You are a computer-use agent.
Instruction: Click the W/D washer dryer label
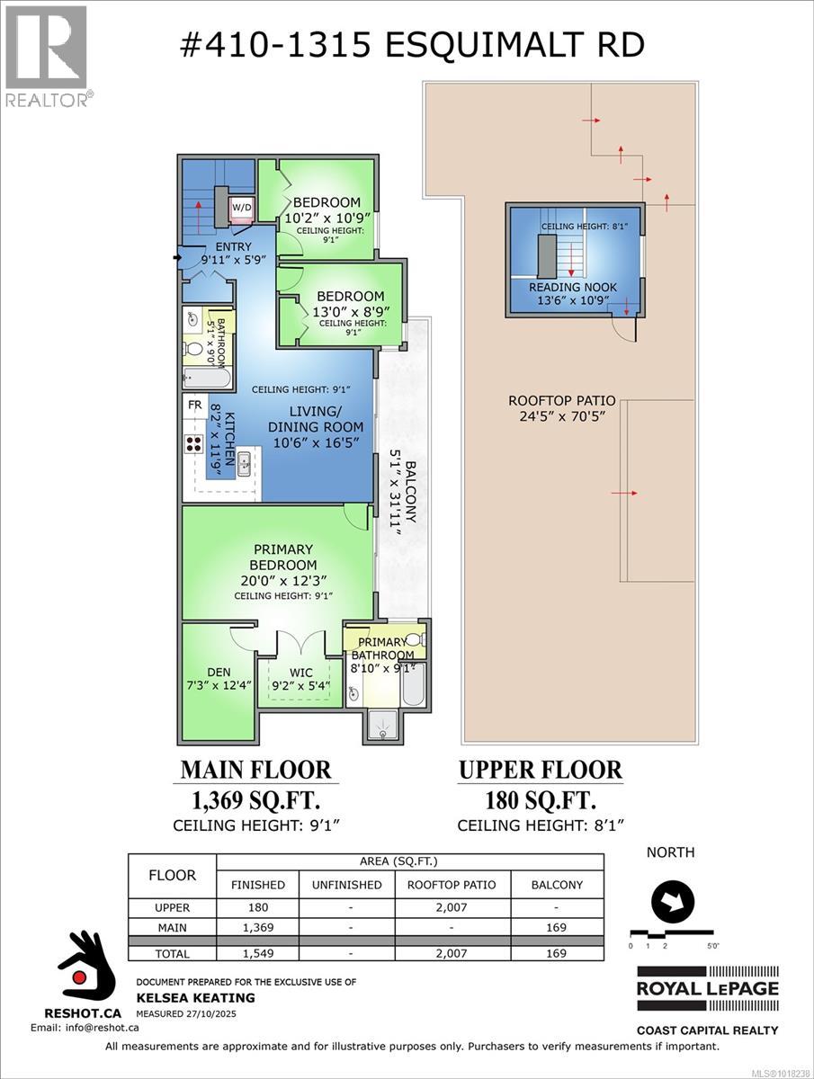tap(242, 207)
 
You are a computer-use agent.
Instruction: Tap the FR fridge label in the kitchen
tap(194, 405)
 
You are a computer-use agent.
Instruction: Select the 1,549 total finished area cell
tap(257, 953)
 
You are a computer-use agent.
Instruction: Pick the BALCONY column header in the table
tap(556, 885)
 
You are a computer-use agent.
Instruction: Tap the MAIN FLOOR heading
tap(256, 771)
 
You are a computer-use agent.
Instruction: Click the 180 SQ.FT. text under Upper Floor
tap(541, 799)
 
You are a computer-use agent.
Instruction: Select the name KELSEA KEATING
tap(195, 997)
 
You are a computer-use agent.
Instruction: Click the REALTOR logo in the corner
tap(46, 54)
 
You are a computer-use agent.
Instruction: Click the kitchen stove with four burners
tap(194, 441)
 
